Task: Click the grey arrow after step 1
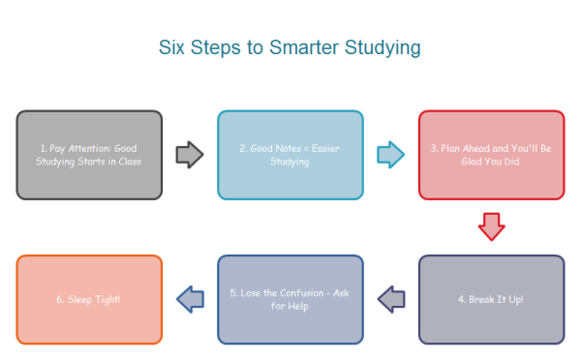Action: pos(190,154)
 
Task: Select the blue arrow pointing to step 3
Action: pos(390,154)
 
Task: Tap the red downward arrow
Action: pos(492,227)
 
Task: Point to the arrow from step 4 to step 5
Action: pos(390,299)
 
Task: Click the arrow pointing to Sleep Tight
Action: pos(190,299)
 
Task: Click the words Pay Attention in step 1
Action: pos(76,148)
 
